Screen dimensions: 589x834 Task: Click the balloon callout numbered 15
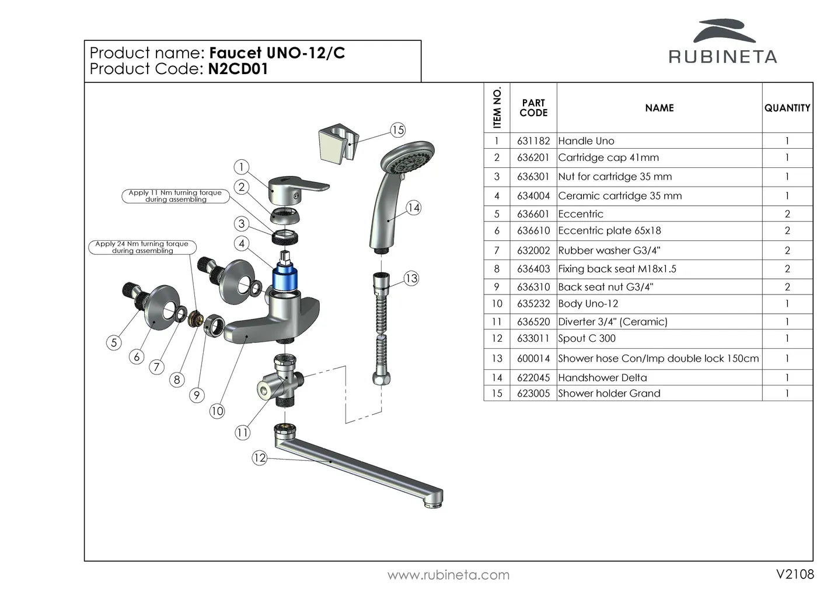click(x=397, y=130)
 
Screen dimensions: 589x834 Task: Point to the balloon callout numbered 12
click(x=259, y=458)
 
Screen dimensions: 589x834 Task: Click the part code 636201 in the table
click(x=533, y=157)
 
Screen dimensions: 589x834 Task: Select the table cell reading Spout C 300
click(x=587, y=338)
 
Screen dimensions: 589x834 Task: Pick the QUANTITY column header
click(x=787, y=108)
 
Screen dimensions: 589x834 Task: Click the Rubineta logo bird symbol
click(x=723, y=31)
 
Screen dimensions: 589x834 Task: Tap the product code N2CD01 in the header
click(x=238, y=69)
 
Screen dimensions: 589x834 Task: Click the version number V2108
click(x=795, y=574)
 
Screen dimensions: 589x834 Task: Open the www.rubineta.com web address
click(x=448, y=575)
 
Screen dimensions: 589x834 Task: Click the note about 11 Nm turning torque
click(x=175, y=196)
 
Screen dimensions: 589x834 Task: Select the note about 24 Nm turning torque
click(x=142, y=247)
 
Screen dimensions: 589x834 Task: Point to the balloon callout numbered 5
click(x=114, y=342)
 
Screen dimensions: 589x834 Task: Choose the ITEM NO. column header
click(x=497, y=108)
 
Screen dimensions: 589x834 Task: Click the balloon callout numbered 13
click(x=411, y=278)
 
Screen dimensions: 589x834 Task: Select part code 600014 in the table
click(x=533, y=359)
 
